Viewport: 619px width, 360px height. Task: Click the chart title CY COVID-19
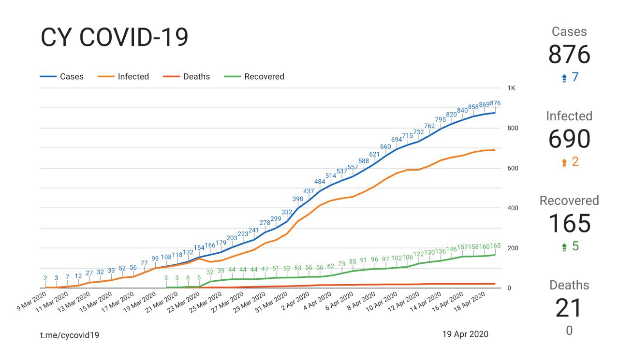tap(114, 38)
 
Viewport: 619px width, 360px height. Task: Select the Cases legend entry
tap(71, 76)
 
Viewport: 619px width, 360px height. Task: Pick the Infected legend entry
tap(133, 76)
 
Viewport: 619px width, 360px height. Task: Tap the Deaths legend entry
tap(196, 76)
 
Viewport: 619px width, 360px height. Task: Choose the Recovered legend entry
tap(264, 76)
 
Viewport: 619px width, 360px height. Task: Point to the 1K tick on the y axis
tap(512, 88)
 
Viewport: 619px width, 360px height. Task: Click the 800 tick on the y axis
tap(513, 128)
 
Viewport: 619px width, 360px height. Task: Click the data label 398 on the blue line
tap(298, 199)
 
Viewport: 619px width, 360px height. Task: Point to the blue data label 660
tap(385, 146)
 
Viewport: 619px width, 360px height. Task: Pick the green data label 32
tap(210, 272)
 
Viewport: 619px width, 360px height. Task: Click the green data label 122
tap(418, 254)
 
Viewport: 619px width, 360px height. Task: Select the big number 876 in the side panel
tap(569, 55)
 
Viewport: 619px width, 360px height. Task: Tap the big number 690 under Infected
tap(569, 139)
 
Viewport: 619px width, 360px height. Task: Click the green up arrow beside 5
tap(564, 247)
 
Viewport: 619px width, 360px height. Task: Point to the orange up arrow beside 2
tap(564, 162)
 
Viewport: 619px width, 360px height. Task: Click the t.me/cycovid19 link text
tap(70, 334)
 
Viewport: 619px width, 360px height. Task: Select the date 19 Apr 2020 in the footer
tap(465, 334)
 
